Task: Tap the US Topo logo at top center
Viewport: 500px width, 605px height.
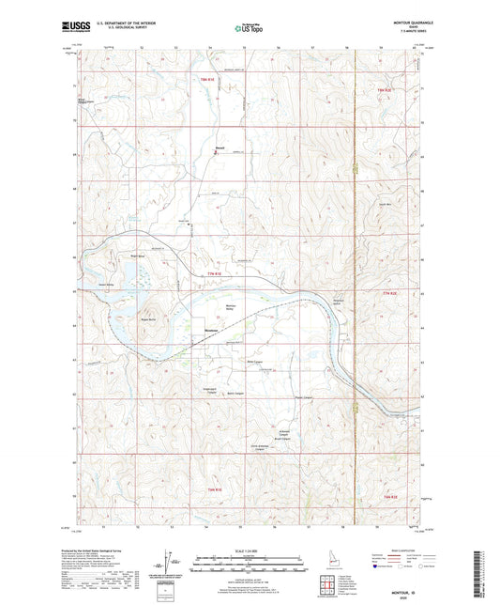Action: [x=249, y=28]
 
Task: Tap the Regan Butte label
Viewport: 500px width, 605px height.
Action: [x=148, y=319]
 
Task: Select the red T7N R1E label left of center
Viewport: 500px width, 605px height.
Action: [x=213, y=273]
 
